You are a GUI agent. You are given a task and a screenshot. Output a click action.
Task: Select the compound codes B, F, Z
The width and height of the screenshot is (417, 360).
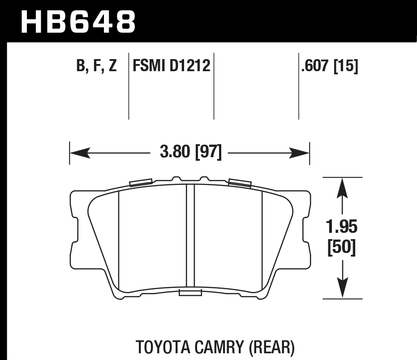96,66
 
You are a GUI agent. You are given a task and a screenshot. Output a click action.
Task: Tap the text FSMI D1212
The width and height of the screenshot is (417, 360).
171,66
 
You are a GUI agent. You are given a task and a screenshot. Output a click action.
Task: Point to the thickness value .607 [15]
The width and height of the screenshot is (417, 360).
330,66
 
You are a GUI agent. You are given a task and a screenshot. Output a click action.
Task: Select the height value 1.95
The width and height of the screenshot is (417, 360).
342,227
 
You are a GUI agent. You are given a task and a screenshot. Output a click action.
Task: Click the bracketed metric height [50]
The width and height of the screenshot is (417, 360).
342,248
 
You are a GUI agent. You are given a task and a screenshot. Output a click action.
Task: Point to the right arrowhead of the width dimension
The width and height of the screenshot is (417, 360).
302,153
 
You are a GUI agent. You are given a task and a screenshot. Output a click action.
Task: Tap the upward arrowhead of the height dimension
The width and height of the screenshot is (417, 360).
342,185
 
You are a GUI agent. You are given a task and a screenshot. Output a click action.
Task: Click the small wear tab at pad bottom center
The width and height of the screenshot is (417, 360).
190,293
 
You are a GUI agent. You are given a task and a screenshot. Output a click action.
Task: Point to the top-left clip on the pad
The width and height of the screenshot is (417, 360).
140,182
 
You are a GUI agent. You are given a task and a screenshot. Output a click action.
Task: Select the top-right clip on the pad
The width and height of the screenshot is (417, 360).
239,182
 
